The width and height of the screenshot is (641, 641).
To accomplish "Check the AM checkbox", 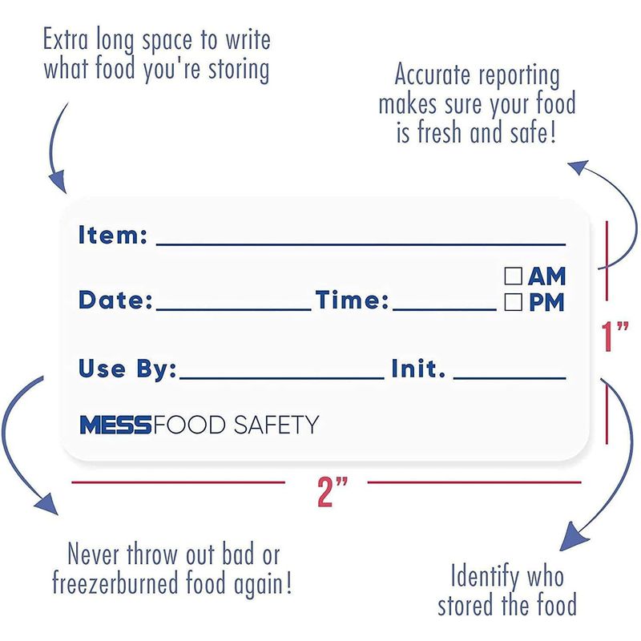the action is coord(513,276).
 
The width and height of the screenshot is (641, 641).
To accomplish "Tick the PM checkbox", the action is coord(513,302).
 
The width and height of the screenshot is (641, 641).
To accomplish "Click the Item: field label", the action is coord(112,235).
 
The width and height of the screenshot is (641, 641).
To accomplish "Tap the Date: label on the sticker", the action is coord(115,300).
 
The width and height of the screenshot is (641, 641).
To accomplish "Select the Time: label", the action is coord(352,300).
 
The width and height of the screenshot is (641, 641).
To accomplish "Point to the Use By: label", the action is coord(127,369).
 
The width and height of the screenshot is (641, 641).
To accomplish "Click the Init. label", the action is coord(417,369).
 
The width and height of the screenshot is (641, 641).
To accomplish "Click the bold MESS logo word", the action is coord(115,425).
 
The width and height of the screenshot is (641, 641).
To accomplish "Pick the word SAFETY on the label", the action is coord(276,425).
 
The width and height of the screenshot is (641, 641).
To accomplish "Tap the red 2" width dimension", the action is coord(332,491).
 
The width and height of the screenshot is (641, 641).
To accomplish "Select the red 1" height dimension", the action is coord(615,336).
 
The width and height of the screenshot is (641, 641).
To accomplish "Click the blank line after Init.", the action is coord(510,378).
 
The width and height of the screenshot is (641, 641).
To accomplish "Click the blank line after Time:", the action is coord(445,309).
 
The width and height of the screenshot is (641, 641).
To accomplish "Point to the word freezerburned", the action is coord(115,583).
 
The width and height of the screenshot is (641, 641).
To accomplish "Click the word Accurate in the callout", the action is coord(432,75).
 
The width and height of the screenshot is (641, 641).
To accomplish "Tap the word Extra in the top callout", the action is coord(66,39).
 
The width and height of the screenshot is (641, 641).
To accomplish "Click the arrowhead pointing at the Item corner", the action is coord(58,182).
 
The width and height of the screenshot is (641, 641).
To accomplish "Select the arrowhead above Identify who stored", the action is coord(573,536).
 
